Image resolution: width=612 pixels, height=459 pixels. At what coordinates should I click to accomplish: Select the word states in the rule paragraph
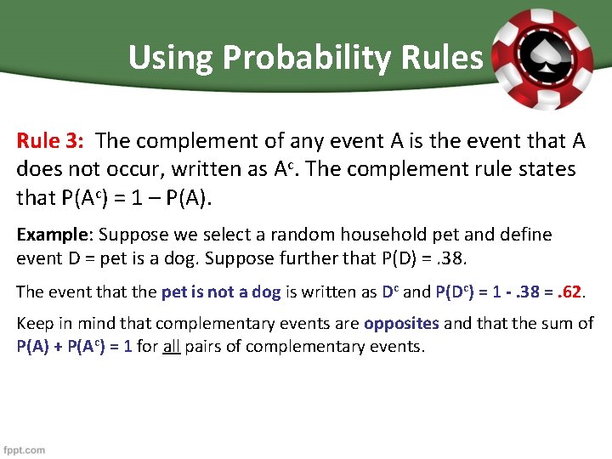click(544, 169)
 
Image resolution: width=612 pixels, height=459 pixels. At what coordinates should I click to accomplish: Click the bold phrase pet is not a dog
click(220, 292)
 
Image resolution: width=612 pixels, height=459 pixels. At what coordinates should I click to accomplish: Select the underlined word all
click(171, 347)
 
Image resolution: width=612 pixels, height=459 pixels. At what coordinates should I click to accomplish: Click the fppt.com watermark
click(25, 450)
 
